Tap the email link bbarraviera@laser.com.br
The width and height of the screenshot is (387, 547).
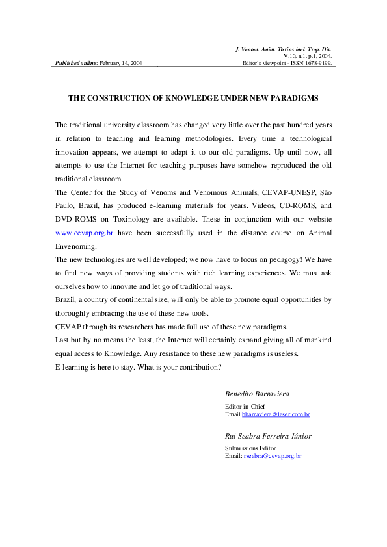coord(275,414)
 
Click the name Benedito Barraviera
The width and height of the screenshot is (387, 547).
coord(257,394)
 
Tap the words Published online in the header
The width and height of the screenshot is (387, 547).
coord(75,63)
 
